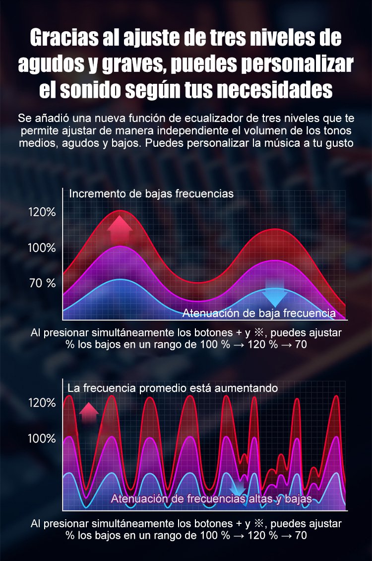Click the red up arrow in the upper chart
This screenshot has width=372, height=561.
pyautogui.click(x=120, y=228)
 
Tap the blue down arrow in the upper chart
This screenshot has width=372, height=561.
pyautogui.click(x=274, y=297)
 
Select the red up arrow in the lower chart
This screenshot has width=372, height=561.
pyautogui.click(x=89, y=412)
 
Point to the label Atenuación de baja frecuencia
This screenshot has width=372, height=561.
pyautogui.click(x=259, y=313)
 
